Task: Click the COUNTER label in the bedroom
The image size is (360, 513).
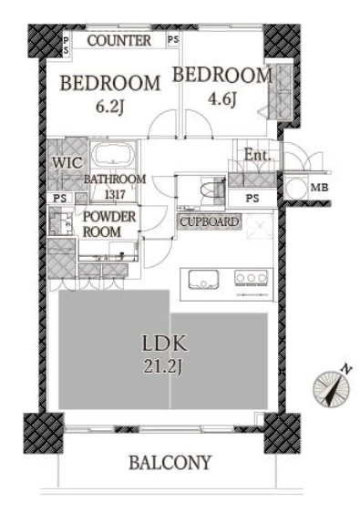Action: pyautogui.click(x=119, y=41)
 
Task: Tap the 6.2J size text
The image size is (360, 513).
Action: pyautogui.click(x=109, y=107)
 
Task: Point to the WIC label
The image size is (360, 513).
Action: pyautogui.click(x=67, y=162)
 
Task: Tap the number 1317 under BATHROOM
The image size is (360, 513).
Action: pyautogui.click(x=115, y=194)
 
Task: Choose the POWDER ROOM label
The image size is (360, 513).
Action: pyautogui.click(x=108, y=224)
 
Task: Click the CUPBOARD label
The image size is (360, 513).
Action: pyautogui.click(x=210, y=222)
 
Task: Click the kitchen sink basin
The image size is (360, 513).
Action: pyautogui.click(x=203, y=279)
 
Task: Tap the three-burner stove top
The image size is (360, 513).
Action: pyautogui.click(x=251, y=278)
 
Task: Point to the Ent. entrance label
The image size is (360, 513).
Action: pyautogui.click(x=258, y=155)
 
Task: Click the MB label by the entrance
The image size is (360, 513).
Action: pyautogui.click(x=319, y=188)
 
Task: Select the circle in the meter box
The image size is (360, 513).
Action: pyautogui.click(x=296, y=188)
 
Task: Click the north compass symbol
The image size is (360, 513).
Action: pyautogui.click(x=331, y=389)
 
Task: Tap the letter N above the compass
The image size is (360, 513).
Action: pyautogui.click(x=346, y=369)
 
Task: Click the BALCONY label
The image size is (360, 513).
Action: pyautogui.click(x=170, y=463)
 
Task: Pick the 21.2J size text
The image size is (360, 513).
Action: pyautogui.click(x=162, y=367)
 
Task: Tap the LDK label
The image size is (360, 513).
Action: pyautogui.click(x=165, y=344)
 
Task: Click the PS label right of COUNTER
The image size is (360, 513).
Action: pyautogui.click(x=173, y=39)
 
